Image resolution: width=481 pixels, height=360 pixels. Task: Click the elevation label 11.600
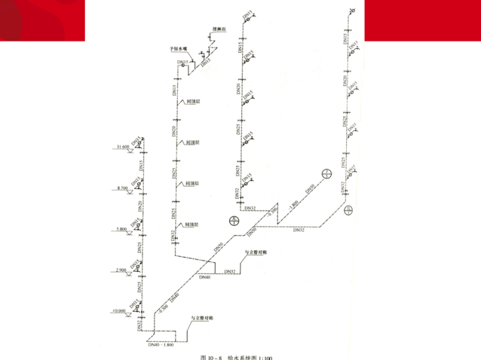(120, 147)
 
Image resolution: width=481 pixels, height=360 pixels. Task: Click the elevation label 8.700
(122, 189)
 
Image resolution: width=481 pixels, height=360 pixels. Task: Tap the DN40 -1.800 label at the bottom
(160, 345)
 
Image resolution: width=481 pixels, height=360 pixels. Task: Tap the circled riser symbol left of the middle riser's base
(234, 220)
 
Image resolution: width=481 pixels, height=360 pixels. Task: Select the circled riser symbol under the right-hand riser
(348, 211)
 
